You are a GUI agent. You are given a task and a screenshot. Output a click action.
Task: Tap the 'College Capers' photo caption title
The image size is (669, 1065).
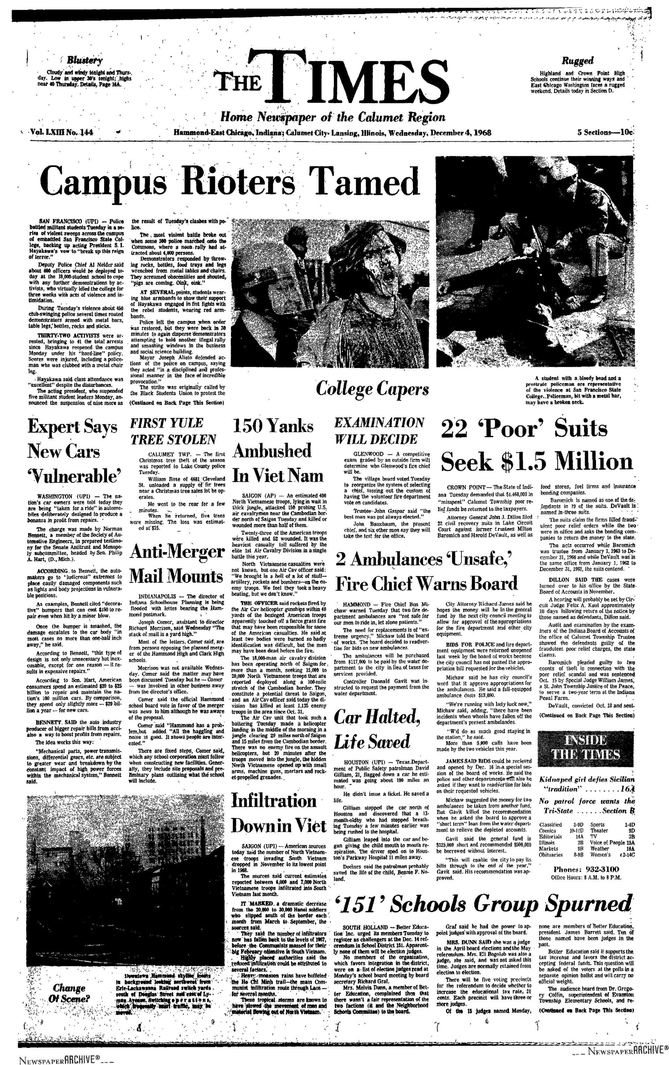372,389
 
